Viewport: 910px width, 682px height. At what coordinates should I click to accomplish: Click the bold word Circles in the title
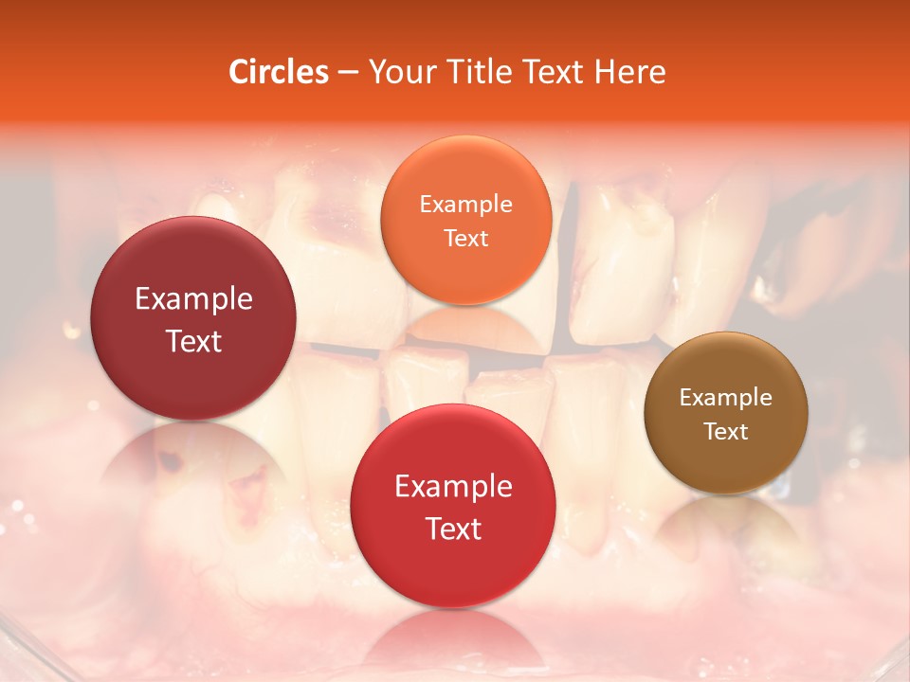[x=278, y=72]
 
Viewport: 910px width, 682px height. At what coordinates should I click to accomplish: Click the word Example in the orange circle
[x=465, y=204]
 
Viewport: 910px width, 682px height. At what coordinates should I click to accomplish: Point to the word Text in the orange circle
[x=465, y=238]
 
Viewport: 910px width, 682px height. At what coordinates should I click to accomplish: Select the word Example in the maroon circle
[x=193, y=298]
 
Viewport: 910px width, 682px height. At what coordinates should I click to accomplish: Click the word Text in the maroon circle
[x=193, y=341]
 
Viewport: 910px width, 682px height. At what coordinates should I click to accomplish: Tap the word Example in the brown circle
[x=725, y=397]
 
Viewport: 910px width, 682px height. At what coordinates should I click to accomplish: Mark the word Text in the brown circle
[x=725, y=431]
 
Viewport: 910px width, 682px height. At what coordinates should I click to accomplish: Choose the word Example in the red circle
[x=453, y=486]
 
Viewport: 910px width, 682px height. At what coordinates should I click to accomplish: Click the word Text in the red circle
[x=453, y=529]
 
